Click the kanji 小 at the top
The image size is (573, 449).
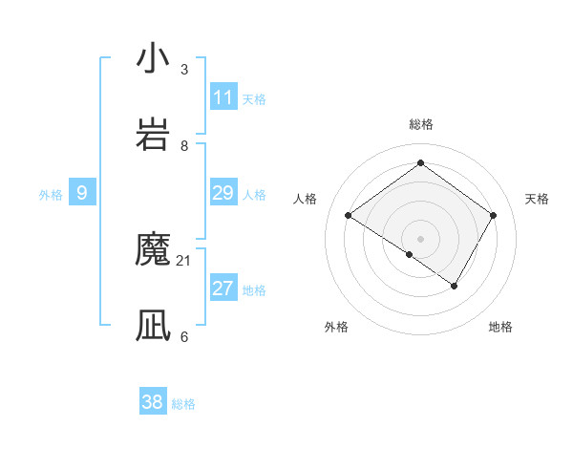click(153, 59)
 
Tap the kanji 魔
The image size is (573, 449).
click(153, 250)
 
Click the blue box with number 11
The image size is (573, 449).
click(223, 97)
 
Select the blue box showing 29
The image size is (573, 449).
click(223, 193)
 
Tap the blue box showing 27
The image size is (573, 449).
click(223, 289)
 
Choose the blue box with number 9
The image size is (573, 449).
click(82, 193)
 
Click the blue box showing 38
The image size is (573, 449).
click(153, 402)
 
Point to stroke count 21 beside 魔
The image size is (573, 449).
click(184, 260)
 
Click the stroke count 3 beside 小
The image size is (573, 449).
click(184, 69)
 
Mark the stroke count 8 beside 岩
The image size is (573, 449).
click(184, 145)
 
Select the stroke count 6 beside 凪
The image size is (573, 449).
click(184, 336)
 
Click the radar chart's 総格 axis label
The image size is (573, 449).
click(420, 124)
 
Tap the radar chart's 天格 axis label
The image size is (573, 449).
click(537, 199)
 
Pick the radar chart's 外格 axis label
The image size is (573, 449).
click(336, 327)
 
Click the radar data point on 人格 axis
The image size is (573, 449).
click(349, 216)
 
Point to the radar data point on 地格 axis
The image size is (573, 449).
click(455, 286)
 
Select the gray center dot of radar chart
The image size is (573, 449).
click(420, 238)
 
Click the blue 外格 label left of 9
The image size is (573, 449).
click(51, 195)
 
